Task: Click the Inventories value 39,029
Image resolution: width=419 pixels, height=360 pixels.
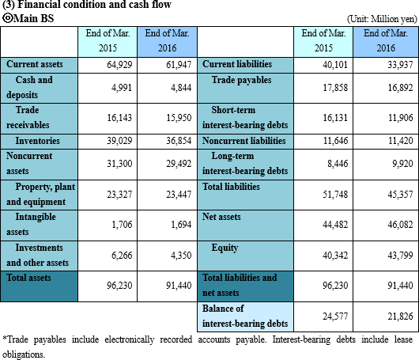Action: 119,141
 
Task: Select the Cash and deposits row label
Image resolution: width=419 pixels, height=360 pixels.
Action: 29,87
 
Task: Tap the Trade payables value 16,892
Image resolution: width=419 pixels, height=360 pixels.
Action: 400,88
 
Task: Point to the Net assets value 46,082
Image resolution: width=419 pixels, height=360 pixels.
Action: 400,225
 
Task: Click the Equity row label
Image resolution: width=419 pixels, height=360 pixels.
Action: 225,248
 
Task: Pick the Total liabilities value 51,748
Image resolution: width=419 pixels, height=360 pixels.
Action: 335,194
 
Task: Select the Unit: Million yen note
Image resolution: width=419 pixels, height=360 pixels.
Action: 382,19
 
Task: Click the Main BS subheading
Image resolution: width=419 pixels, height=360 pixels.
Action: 28,18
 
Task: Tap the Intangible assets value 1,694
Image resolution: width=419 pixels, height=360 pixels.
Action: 181,225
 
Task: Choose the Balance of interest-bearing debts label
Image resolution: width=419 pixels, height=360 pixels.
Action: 245,316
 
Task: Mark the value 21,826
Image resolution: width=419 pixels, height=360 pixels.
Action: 400,316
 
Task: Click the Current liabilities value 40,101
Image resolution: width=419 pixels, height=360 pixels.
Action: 335,65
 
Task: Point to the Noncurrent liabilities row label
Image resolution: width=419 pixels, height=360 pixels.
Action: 244,141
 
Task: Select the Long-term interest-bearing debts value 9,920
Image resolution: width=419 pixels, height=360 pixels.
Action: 402,164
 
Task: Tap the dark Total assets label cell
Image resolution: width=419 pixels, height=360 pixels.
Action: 39,286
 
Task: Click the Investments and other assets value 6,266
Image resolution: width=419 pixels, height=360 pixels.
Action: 122,256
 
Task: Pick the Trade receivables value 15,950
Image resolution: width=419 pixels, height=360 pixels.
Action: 179,118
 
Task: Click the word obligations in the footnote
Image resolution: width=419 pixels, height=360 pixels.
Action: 24,354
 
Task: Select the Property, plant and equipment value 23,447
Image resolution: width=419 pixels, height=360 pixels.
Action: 179,194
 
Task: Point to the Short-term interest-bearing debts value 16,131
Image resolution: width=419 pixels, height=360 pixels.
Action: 335,118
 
